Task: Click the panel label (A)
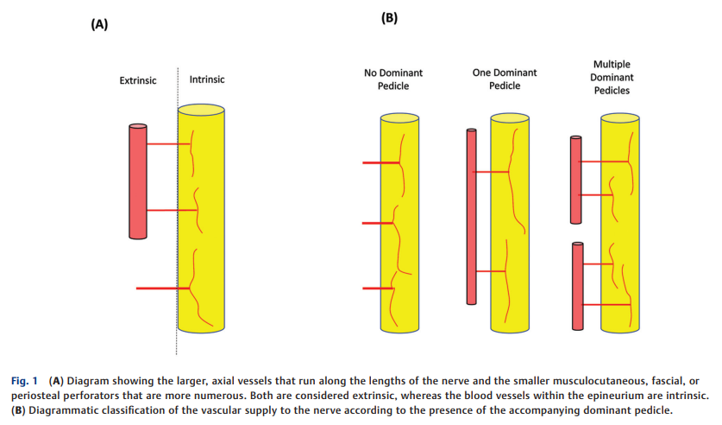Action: coord(99,24)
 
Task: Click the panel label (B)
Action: coord(389,17)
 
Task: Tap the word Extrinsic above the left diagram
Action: coord(138,80)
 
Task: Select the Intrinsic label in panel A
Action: coord(207,79)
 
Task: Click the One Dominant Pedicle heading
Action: coord(505,79)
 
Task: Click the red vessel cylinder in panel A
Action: coord(138,181)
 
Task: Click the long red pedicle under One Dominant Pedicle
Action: coord(471,216)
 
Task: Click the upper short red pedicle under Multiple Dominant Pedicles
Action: coord(576,179)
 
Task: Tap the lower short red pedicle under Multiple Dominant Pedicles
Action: coord(577,286)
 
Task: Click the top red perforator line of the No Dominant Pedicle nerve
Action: coord(378,162)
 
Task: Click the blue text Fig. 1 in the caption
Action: coord(26,381)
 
